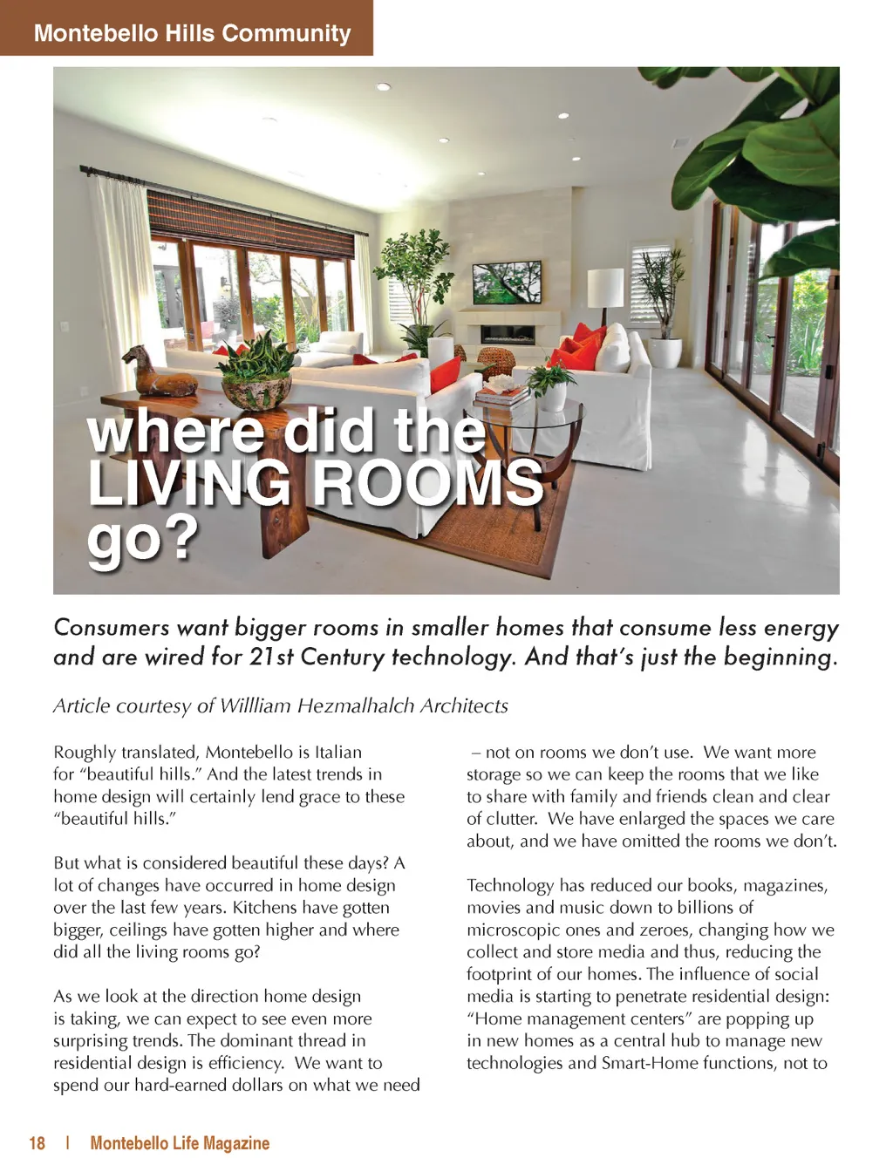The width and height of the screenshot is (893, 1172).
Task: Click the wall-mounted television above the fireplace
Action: coord(506,282)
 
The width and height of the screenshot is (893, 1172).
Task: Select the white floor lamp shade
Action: coord(605,287)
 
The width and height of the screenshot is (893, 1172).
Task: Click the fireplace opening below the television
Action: coord(508,334)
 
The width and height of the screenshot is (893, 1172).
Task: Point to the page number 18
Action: coord(37,1143)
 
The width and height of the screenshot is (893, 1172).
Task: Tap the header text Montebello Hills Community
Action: coord(192,33)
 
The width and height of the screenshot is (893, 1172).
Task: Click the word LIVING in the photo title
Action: coord(189,482)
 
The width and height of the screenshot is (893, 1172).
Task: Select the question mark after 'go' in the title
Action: coord(181,539)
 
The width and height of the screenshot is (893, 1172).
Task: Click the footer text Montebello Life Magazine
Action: coord(180,1143)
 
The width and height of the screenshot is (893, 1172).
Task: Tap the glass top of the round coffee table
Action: coord(532,413)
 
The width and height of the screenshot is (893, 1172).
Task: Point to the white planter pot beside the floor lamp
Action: coord(665,352)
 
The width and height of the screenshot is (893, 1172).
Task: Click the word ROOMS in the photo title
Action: coord(427,482)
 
